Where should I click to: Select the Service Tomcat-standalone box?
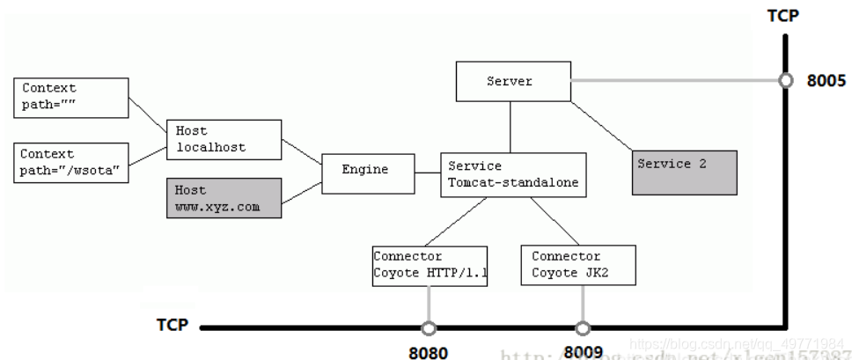pyautogui.click(x=512, y=173)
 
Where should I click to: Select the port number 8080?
pyautogui.click(x=429, y=352)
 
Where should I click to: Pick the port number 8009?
pyautogui.click(x=583, y=352)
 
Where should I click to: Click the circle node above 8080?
pyautogui.click(x=429, y=328)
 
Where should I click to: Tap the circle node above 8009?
pyautogui.click(x=583, y=328)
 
